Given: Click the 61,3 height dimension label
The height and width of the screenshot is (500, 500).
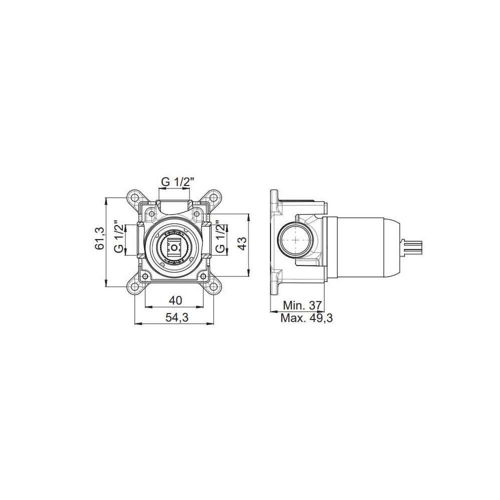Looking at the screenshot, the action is coord(100,238).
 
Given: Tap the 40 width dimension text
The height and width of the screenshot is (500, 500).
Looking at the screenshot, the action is coord(175,300).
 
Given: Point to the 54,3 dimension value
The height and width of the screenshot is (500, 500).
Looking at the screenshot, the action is coord(177,317).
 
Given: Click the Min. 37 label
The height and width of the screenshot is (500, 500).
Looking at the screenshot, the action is coord(302,305).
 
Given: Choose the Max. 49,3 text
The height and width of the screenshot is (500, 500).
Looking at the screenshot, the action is coord(306,318).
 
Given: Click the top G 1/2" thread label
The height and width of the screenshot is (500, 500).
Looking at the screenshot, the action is coord(177,182).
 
